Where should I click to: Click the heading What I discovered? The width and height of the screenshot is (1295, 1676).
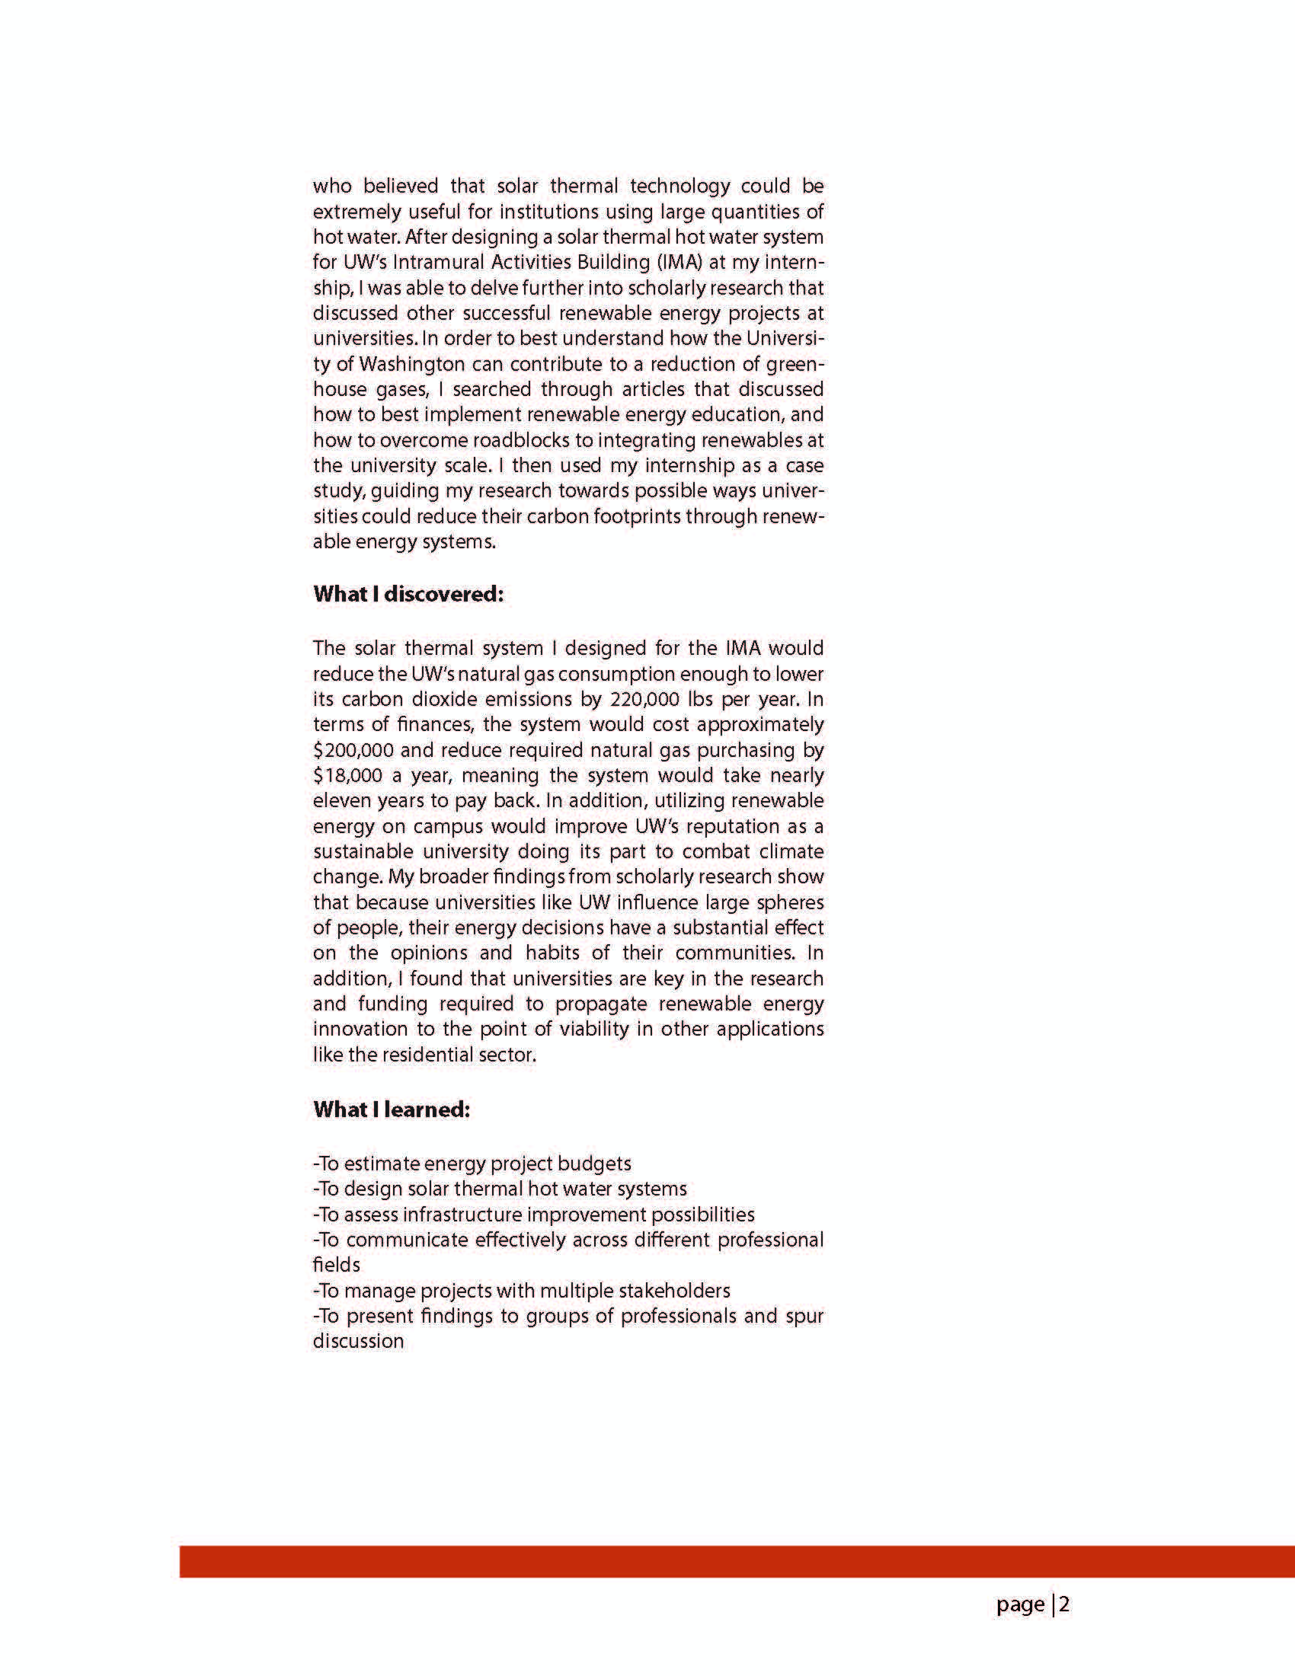[x=408, y=594]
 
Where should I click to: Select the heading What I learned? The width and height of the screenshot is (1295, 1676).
[x=392, y=1109]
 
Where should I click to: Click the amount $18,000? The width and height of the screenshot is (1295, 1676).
[x=347, y=775]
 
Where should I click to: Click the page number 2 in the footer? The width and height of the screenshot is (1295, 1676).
[x=1064, y=1604]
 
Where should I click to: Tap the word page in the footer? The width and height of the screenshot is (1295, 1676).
[x=1020, y=1604]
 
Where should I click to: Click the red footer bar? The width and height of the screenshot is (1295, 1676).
[x=737, y=1562]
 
